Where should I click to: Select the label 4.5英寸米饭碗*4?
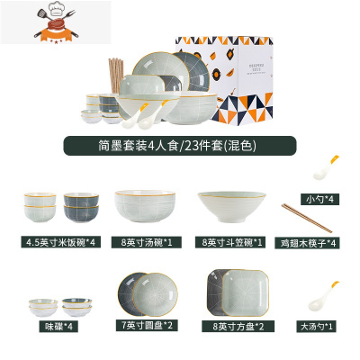[x=62, y=241]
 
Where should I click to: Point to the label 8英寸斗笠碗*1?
[x=231, y=241]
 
